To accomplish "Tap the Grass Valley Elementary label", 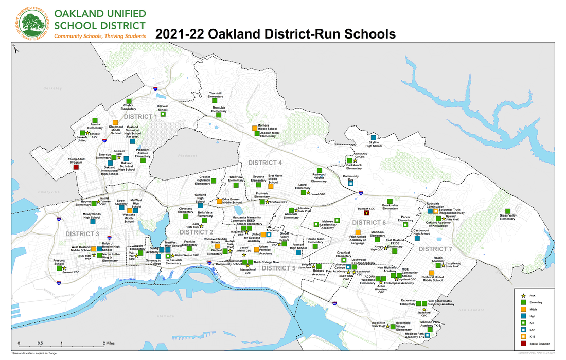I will coord(507,218).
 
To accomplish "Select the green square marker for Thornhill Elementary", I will coord(215,101).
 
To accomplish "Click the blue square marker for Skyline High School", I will coord(374,138).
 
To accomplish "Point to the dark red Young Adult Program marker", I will coord(76,167).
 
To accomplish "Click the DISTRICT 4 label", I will coord(265,163).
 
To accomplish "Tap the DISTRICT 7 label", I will coord(435,249).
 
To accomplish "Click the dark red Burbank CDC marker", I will coord(366,213).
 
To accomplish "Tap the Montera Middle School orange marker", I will coord(254,128).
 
